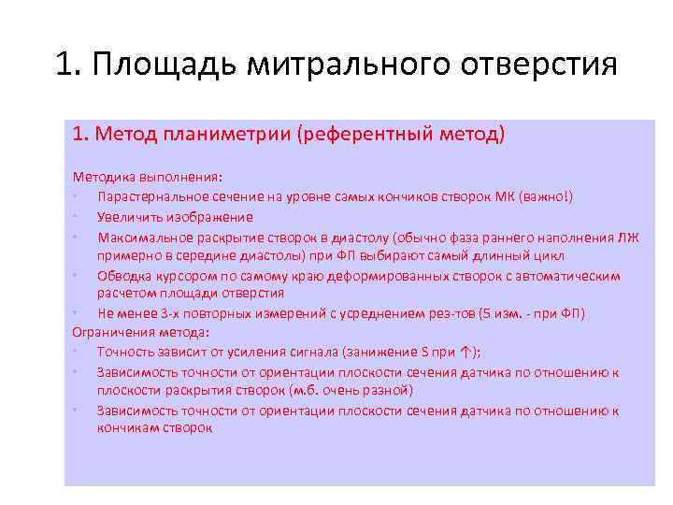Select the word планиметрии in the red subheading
click(228, 135)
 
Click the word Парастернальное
click(150, 195)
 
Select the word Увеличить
click(128, 216)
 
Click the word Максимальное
click(140, 236)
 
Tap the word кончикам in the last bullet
click(128, 428)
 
